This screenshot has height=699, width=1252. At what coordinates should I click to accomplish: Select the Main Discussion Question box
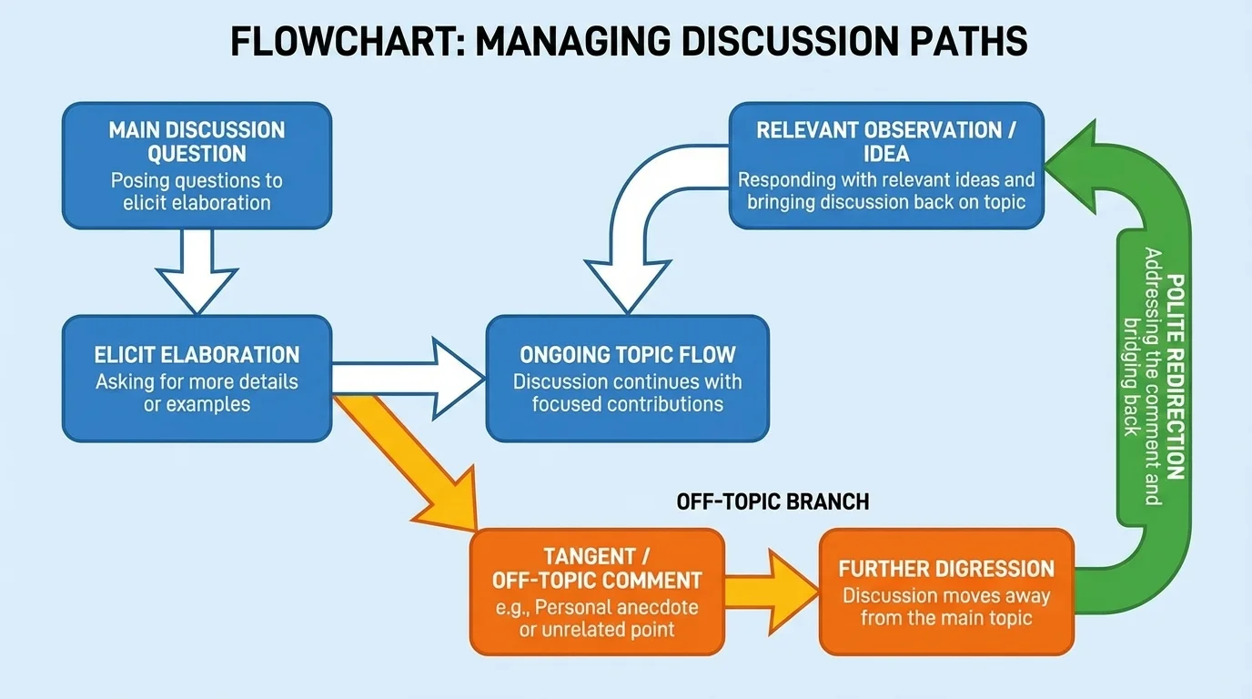point(197,165)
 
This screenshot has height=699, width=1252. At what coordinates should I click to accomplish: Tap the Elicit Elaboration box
point(197,379)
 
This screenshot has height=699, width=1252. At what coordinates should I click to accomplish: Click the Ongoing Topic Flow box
point(627,379)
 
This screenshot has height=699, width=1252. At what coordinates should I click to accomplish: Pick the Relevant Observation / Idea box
point(886,165)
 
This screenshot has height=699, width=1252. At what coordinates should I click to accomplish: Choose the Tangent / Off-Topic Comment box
point(597,592)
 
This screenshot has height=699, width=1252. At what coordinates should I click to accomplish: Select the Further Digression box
point(946,592)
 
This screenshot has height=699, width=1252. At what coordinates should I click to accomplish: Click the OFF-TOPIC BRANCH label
point(772,501)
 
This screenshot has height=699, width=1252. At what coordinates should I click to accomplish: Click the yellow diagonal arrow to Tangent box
point(409,460)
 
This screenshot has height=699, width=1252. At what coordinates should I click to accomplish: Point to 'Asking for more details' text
point(197,380)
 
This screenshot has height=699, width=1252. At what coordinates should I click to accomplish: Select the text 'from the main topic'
point(946,618)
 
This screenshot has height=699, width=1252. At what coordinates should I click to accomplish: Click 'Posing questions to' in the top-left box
point(197,179)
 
